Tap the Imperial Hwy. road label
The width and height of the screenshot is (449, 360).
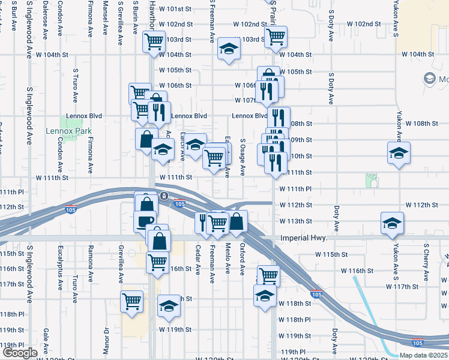[x=304, y=238]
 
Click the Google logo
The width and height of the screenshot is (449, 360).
[x=20, y=353]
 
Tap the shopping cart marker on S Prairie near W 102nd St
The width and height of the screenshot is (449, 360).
[x=276, y=37]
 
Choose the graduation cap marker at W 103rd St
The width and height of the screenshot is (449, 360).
[x=228, y=49]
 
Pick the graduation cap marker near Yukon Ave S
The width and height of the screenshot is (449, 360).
[x=399, y=153]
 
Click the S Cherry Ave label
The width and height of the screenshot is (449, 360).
[x=427, y=262]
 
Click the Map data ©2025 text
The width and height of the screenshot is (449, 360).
[x=423, y=355]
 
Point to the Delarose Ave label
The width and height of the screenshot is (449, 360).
[x=46, y=23]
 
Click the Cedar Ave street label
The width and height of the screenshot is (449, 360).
[x=197, y=259]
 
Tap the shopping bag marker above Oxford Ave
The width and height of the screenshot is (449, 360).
[x=238, y=221]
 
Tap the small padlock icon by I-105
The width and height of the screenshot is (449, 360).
[x=164, y=196]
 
